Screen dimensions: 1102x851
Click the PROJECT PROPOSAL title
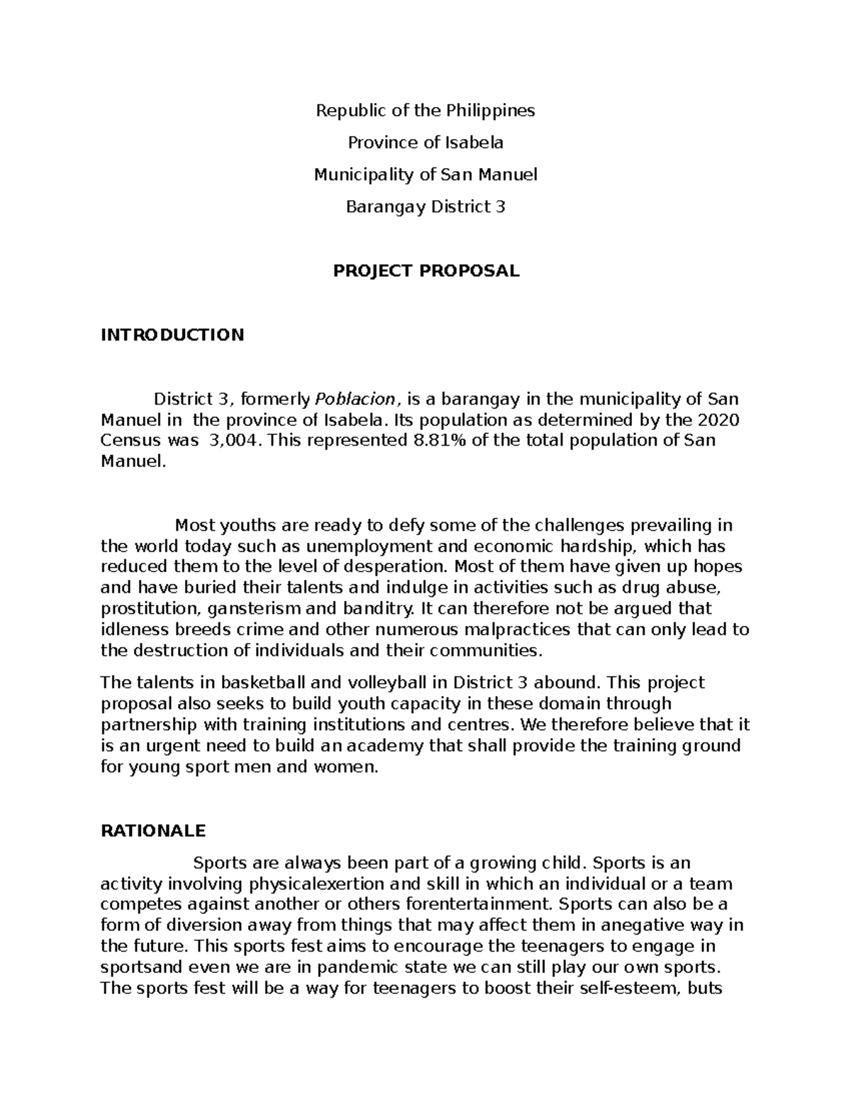point(426,270)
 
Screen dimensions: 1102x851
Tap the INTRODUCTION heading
point(172,334)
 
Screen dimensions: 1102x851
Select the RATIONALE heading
point(153,830)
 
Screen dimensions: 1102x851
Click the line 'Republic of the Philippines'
point(425,111)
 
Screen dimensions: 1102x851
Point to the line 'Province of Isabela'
point(425,143)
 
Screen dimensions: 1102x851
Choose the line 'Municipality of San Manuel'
point(425,175)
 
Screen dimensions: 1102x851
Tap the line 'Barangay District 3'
point(425,206)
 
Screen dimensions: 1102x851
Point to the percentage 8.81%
point(436,441)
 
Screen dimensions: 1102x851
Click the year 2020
point(719,420)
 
